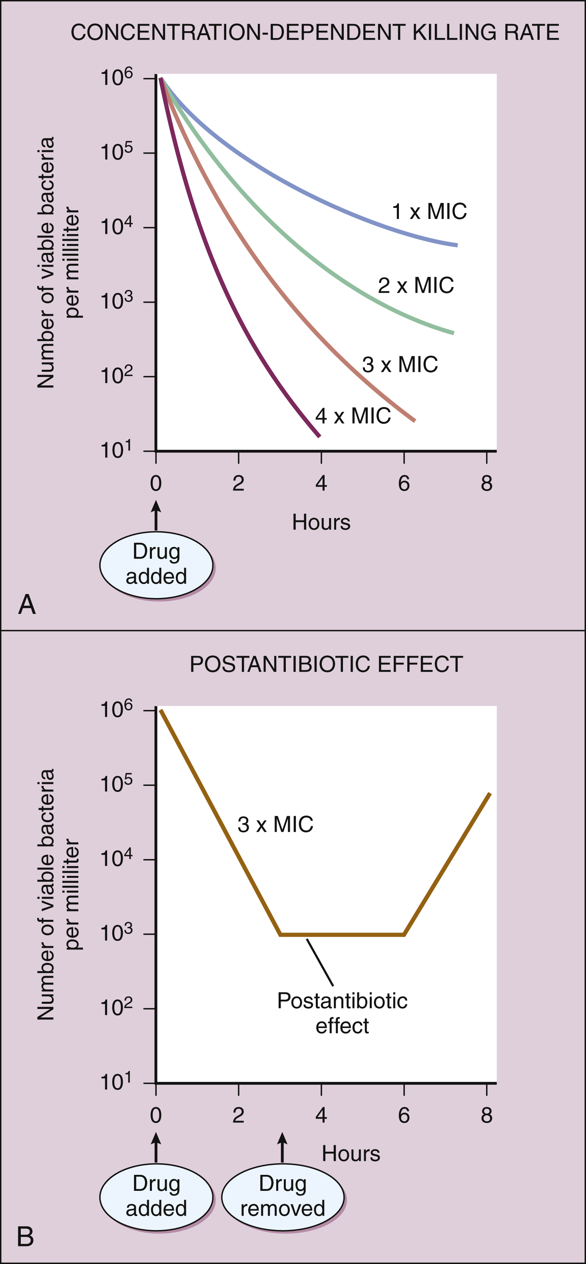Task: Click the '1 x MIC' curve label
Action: (429, 211)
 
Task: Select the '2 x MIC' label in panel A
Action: (416, 285)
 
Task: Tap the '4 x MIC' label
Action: (353, 416)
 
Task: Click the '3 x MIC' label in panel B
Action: (275, 824)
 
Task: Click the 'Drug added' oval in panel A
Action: (156, 564)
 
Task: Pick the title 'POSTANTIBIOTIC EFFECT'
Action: (326, 664)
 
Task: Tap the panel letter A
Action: (27, 604)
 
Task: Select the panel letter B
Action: (26, 1236)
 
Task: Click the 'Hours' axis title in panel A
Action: (321, 522)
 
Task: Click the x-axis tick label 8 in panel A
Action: (486, 484)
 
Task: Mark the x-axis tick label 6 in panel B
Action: (404, 1116)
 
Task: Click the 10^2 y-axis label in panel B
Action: (117, 1007)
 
